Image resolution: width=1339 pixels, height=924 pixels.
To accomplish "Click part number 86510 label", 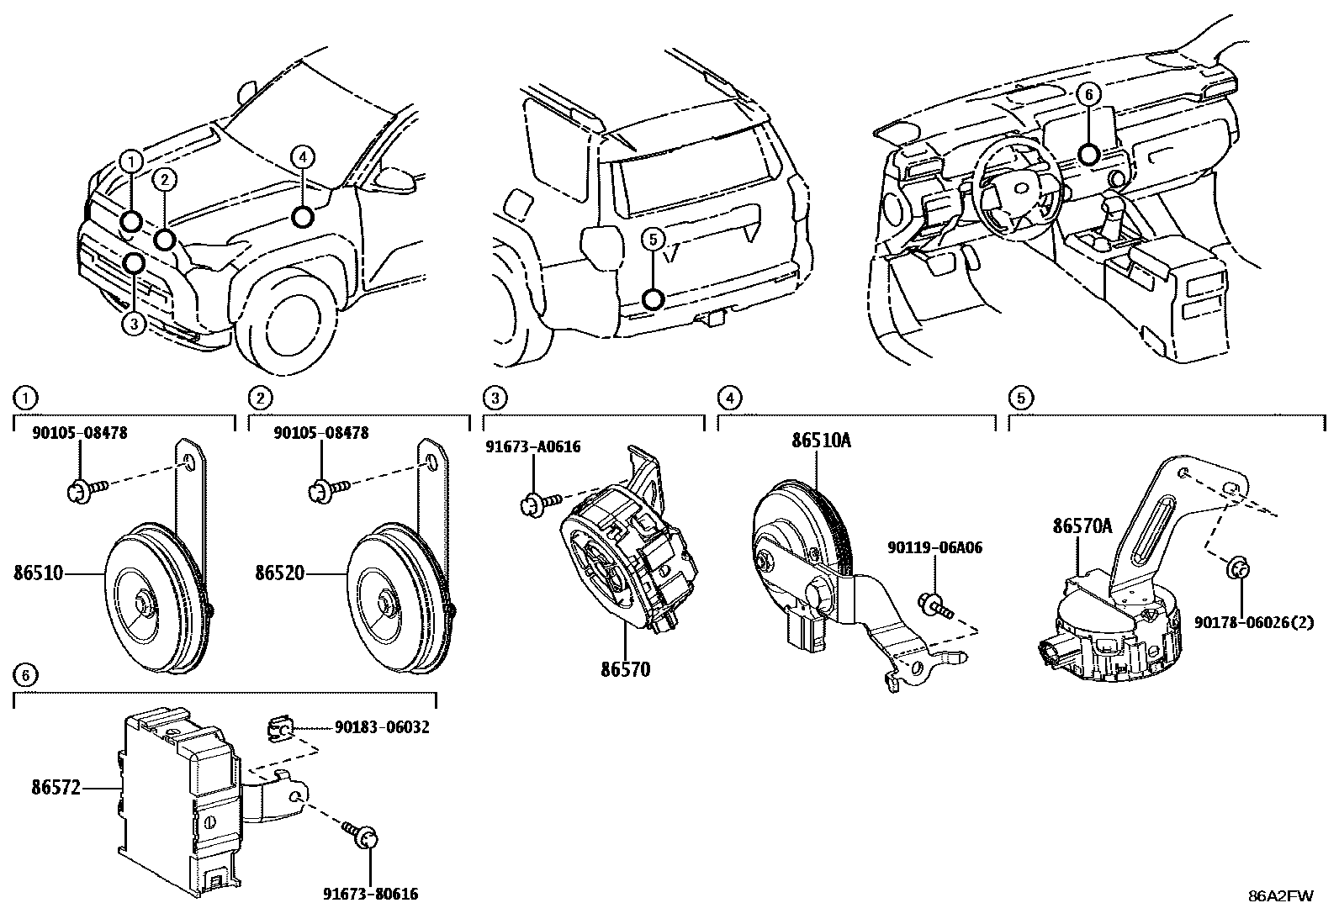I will (39, 573).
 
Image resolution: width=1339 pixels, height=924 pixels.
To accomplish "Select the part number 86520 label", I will (281, 573).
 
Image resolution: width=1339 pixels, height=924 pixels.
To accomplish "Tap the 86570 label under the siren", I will (625, 670).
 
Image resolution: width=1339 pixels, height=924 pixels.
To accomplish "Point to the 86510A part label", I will (821, 441).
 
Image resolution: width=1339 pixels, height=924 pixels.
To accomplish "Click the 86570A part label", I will (1082, 526).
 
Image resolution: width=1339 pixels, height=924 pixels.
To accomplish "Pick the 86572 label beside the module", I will (56, 788).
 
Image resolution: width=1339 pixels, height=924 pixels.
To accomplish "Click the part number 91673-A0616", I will (532, 446).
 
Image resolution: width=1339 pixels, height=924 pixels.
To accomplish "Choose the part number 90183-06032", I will (381, 727).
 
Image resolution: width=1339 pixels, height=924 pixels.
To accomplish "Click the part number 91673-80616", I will (369, 894).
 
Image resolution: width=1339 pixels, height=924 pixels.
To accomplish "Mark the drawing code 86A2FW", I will (1280, 895).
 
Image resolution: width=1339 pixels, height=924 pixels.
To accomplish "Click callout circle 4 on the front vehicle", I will (303, 156).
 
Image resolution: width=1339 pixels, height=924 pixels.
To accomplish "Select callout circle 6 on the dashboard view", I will (1088, 95).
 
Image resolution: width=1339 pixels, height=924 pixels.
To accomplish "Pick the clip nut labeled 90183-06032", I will (280, 728).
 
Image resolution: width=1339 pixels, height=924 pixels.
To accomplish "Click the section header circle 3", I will (496, 397).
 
